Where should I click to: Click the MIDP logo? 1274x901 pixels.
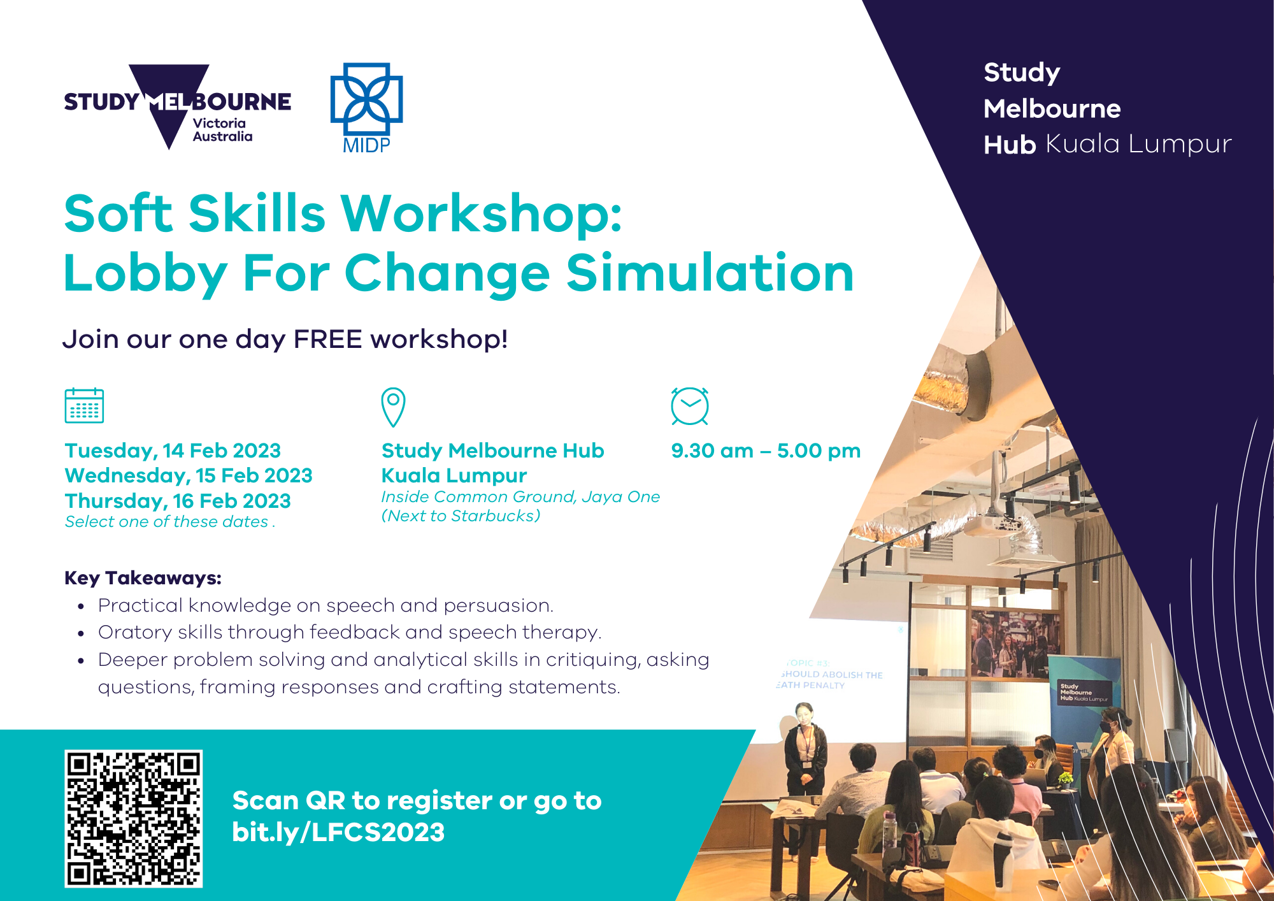click(x=366, y=108)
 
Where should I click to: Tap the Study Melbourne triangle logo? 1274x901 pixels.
click(x=177, y=106)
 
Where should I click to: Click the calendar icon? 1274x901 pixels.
click(x=84, y=405)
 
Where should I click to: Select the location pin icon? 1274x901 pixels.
click(x=393, y=407)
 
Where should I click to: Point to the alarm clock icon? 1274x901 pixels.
click(x=690, y=406)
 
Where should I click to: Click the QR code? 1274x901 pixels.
click(x=133, y=818)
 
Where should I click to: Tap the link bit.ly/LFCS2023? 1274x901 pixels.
click(x=338, y=832)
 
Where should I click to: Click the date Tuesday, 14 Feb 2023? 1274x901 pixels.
click(x=173, y=450)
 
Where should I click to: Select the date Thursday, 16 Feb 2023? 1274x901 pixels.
click(x=178, y=501)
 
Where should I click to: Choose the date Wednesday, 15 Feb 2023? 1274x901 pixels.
click(x=189, y=475)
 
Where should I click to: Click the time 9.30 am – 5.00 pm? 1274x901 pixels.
click(x=766, y=450)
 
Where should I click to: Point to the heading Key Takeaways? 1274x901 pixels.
click(x=143, y=578)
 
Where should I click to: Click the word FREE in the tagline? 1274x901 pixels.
click(x=328, y=339)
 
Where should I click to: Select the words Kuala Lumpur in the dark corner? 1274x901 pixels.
click(x=1138, y=144)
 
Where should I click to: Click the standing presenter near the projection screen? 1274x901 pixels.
click(x=805, y=748)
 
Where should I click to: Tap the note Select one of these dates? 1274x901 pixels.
click(x=170, y=522)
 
